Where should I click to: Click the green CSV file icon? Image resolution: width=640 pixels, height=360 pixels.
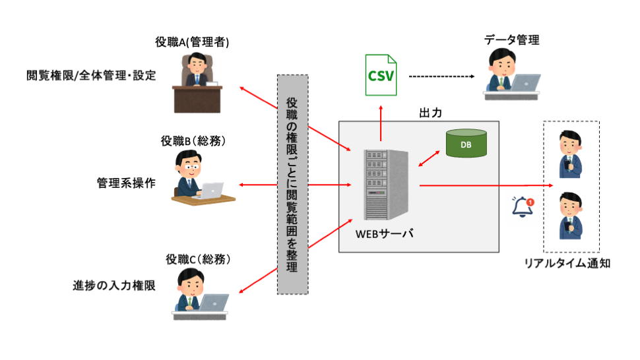pyautogui.click(x=380, y=75)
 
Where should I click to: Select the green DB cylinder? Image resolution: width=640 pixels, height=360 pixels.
pyautogui.click(x=466, y=143)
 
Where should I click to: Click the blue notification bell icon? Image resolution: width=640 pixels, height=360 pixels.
pyautogui.click(x=523, y=206)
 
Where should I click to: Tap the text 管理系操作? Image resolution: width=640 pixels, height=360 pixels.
pyautogui.click(x=126, y=184)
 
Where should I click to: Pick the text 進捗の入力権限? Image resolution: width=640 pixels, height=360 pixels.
pyautogui.click(x=114, y=285)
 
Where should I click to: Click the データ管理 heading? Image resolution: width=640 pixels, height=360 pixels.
pyautogui.click(x=512, y=40)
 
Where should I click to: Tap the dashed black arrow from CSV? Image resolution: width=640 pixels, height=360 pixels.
pyautogui.click(x=441, y=76)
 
